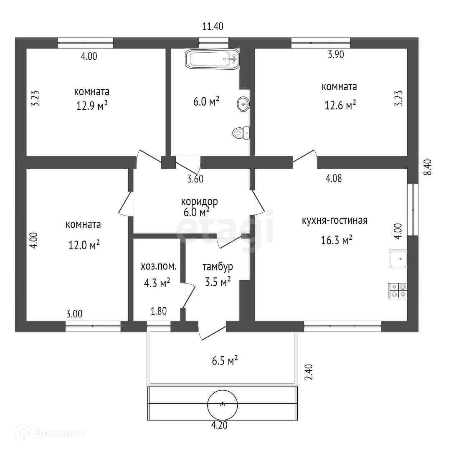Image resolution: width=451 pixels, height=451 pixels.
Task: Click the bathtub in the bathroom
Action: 212,59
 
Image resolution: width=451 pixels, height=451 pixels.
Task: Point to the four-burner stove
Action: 398,290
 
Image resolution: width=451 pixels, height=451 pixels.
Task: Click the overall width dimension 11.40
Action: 213,27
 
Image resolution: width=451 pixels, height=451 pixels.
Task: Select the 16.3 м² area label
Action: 338,240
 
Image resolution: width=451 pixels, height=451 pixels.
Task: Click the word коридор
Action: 199,202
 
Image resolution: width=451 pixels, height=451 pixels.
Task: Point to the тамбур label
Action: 217,267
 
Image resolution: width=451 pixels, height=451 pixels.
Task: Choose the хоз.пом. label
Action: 158,266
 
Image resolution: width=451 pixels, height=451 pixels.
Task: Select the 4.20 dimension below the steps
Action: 220,426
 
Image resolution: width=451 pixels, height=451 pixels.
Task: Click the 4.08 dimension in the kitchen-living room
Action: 334,178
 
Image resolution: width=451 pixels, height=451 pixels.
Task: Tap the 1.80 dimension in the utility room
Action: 159,311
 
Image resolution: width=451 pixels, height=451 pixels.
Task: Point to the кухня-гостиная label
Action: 334,220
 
